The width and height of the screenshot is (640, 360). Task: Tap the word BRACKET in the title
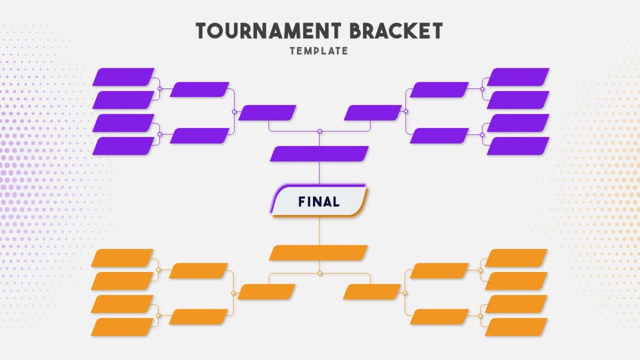point(396,31)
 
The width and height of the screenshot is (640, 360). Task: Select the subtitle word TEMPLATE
point(319,51)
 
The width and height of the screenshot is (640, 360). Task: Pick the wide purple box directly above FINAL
point(319,154)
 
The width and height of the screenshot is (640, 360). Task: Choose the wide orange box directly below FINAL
point(318,253)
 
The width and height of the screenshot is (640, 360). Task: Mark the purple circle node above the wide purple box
point(319,131)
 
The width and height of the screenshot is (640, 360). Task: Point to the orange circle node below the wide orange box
point(319,274)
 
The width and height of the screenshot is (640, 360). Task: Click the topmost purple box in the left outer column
point(123,77)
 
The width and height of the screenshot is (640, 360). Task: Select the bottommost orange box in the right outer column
point(516,327)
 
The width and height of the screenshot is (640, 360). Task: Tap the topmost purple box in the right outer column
point(518,77)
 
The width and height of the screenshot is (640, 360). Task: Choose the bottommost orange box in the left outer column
point(122,327)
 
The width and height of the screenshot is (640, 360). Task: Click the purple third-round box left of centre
point(267,113)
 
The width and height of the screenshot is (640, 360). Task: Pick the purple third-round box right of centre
point(373,113)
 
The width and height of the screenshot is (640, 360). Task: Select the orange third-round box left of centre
point(266,292)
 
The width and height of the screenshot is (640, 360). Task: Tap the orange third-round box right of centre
point(372,292)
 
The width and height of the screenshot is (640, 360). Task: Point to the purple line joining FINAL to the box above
point(319,173)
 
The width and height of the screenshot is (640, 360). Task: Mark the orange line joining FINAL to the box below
point(319,231)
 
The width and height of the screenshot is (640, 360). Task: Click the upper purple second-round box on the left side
point(199,90)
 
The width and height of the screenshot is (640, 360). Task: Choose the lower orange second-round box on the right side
point(439,317)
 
